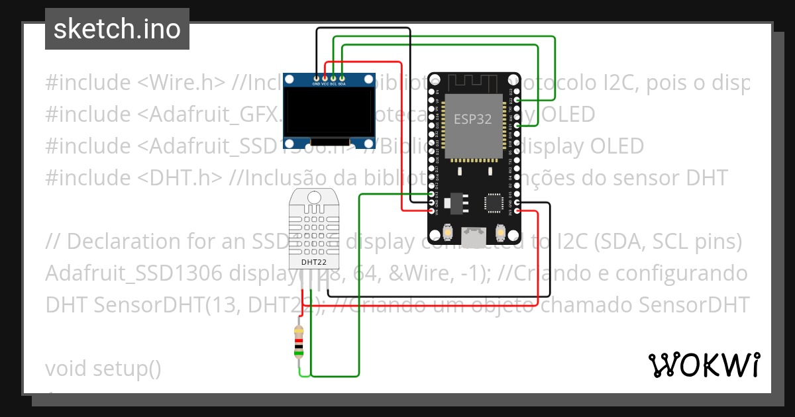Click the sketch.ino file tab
click(x=117, y=29)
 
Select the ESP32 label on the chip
click(x=472, y=119)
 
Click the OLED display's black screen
click(x=329, y=113)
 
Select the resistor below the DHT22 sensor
click(x=299, y=341)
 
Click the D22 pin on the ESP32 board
click(x=516, y=99)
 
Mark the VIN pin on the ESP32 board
click(x=432, y=211)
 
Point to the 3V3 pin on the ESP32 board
click(x=516, y=211)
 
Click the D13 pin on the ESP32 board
click(x=432, y=194)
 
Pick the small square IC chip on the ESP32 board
click(x=494, y=202)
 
